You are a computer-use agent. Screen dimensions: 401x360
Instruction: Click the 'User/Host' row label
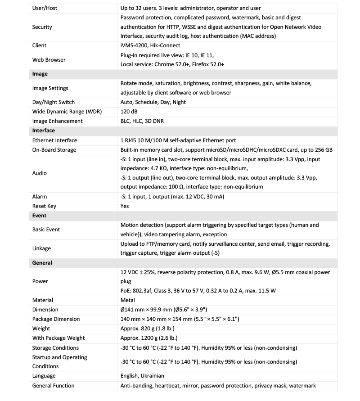(x=45, y=8)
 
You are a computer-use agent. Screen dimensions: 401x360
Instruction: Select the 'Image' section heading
(x=40, y=74)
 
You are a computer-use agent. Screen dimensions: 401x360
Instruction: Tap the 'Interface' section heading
(x=44, y=131)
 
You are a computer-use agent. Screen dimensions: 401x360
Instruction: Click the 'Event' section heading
(x=40, y=216)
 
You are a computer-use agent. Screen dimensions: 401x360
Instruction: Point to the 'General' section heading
(x=42, y=262)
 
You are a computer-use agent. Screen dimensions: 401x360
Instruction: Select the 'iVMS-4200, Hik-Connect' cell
(x=150, y=45)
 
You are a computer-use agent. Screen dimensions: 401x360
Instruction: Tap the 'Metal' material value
(x=128, y=300)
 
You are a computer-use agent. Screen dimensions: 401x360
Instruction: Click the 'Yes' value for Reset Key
(x=125, y=206)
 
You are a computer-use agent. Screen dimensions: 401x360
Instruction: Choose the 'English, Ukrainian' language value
(x=142, y=376)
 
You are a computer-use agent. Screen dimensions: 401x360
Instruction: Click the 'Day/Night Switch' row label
(x=54, y=102)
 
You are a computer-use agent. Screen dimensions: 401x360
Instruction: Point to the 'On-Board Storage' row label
(x=54, y=150)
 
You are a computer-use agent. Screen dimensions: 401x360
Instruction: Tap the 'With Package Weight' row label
(x=58, y=338)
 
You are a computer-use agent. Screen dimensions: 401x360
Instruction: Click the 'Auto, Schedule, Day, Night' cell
(x=153, y=102)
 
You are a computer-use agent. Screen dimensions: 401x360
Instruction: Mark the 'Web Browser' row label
(x=49, y=60)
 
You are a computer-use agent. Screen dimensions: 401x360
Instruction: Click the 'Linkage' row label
(x=42, y=248)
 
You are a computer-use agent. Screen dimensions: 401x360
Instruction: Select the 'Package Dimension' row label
(x=56, y=319)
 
